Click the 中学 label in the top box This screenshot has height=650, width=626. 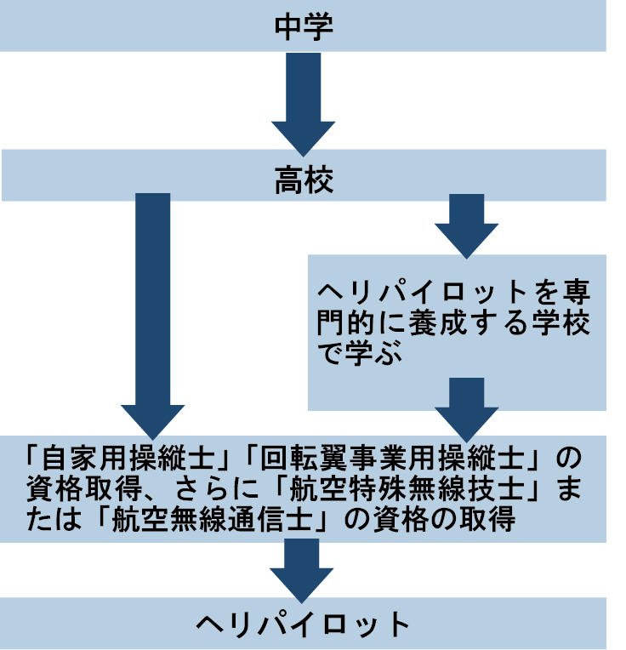click(x=303, y=26)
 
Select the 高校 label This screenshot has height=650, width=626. click(x=303, y=180)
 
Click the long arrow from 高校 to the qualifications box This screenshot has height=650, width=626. click(x=152, y=315)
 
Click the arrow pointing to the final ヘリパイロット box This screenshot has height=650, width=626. click(x=303, y=568)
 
